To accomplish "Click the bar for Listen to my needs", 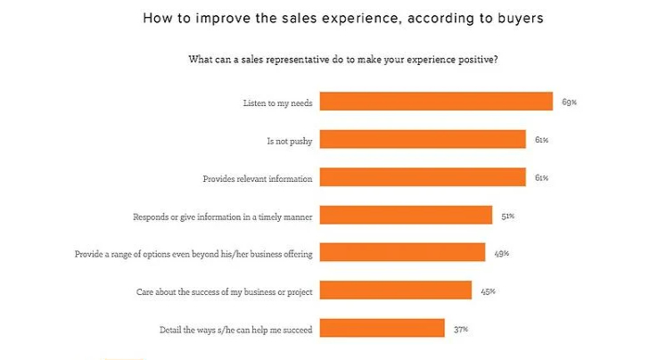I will click(x=436, y=102).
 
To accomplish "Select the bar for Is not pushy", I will click(x=423, y=139).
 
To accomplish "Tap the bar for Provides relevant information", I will click(x=423, y=177).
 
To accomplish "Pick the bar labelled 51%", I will click(x=406, y=215).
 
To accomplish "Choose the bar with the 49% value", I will click(x=402, y=253).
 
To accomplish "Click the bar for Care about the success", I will click(x=395, y=290).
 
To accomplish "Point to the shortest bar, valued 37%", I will click(x=382, y=329).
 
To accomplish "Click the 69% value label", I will click(x=569, y=102).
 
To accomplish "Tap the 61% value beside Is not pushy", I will click(x=541, y=139).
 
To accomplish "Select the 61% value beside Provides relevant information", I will click(x=541, y=177).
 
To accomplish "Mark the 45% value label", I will click(x=487, y=290).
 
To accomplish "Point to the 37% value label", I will click(x=460, y=329).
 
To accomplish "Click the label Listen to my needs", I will click(x=277, y=102).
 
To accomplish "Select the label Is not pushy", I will click(x=290, y=140).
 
